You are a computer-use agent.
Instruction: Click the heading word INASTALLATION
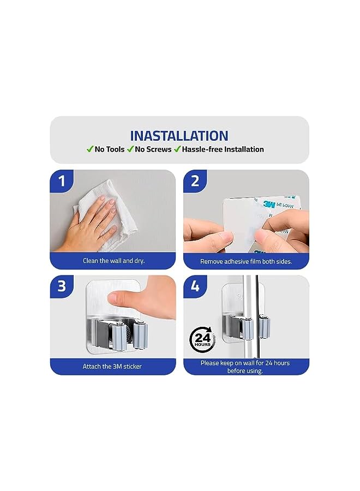click(179, 135)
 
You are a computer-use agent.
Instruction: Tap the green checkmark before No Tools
click(89, 149)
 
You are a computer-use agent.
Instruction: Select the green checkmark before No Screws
click(131, 149)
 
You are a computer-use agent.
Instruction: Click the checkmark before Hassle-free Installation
click(177, 149)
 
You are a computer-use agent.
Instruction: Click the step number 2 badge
click(195, 181)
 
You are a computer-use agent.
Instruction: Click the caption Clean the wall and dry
click(113, 261)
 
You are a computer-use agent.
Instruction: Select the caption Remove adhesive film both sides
click(246, 261)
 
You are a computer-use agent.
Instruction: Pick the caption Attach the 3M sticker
click(112, 366)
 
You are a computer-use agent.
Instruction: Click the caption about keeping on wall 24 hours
click(245, 367)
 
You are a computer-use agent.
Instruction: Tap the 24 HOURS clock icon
click(202, 339)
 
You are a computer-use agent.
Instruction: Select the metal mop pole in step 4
click(250, 316)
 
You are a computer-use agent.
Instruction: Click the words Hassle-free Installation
click(223, 149)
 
